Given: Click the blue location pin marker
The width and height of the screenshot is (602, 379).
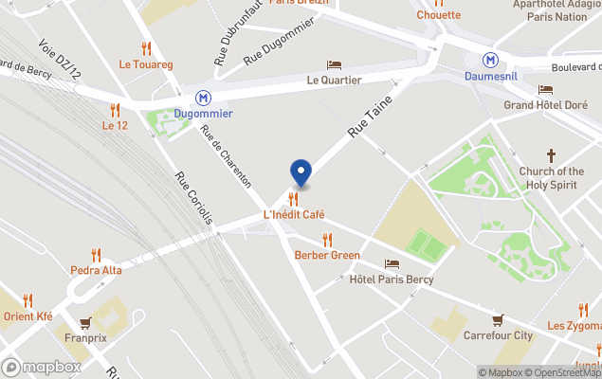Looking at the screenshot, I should coord(300,173).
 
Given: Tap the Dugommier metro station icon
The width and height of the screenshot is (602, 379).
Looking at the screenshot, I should coord(203,98).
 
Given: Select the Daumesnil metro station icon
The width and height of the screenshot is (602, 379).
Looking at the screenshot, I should coord(490,59).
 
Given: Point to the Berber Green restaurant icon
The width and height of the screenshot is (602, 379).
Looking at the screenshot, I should coord(327,240).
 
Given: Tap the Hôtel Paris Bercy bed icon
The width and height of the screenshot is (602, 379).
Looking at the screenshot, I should coord(392,263).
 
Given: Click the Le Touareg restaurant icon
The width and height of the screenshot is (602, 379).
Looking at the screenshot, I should coord(145,48).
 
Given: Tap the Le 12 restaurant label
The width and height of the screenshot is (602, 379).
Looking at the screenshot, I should coord(115,125).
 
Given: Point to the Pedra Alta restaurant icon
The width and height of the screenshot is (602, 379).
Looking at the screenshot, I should coord(96,255).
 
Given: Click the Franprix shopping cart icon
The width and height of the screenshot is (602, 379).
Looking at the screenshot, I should coord(86,322).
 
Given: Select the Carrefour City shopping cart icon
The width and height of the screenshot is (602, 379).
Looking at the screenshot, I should coord(498,320).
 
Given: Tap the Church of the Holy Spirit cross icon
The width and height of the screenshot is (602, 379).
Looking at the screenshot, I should coord(550,155).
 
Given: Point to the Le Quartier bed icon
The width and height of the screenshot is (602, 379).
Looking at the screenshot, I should coord(334,64).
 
